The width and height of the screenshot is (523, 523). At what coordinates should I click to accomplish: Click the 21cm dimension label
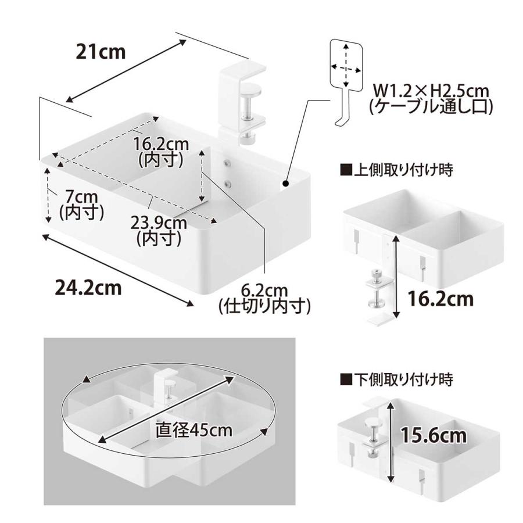click(x=101, y=52)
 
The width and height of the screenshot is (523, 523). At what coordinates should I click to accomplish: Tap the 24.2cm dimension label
click(x=88, y=287)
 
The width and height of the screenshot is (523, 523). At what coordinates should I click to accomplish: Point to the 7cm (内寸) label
click(x=81, y=205)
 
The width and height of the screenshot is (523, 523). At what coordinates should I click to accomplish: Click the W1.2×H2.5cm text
click(x=430, y=92)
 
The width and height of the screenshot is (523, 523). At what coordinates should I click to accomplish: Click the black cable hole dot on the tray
click(x=286, y=185)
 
